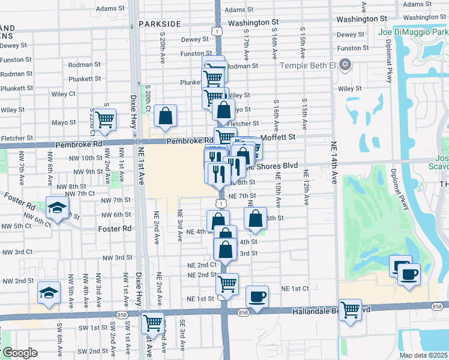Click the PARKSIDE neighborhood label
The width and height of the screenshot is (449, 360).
pos(159,23)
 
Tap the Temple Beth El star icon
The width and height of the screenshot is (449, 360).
pos(345,64)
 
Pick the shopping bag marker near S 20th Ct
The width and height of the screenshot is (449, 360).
pos(165,116)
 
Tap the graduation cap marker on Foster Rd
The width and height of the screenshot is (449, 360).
pos(57,209)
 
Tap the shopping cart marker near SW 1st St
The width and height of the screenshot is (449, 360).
pos(153,323)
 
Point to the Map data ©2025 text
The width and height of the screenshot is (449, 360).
pos(424,355)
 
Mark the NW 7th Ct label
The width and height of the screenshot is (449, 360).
pos(80,193)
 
